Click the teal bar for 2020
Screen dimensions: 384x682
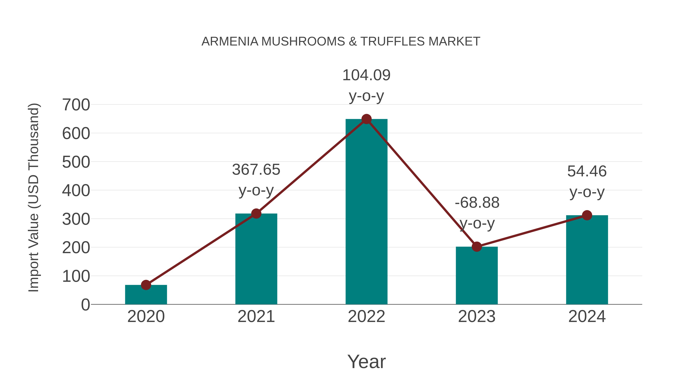point(146,295)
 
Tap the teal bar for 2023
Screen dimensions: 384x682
point(477,276)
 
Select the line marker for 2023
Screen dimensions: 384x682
point(477,247)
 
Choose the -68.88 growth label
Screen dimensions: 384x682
point(477,203)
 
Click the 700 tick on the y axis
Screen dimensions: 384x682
point(76,105)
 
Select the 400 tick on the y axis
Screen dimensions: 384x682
point(76,191)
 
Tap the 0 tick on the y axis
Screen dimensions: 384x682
point(85,305)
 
